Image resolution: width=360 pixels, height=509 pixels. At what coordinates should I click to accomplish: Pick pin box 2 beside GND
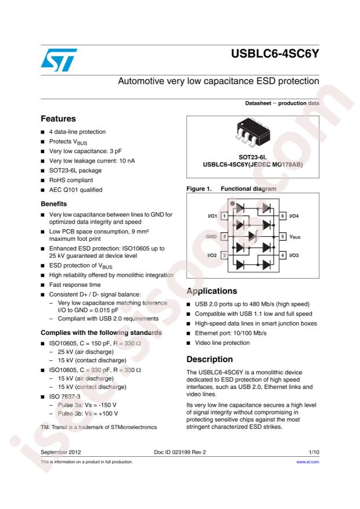click(x=224, y=236)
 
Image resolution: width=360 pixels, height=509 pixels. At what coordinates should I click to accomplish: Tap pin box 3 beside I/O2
click(x=224, y=255)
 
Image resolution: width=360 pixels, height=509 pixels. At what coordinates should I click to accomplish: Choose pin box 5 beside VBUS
click(x=283, y=236)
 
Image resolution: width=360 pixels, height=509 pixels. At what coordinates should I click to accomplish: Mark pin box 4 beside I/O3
click(x=283, y=255)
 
